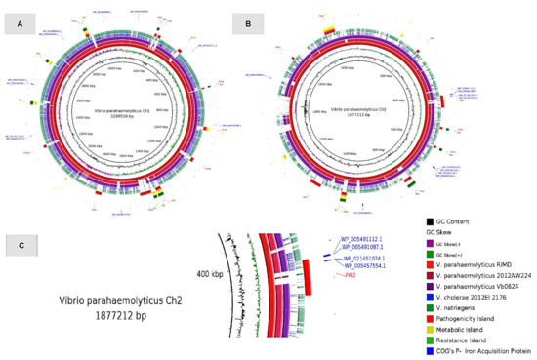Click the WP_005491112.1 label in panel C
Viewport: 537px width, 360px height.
[367, 239]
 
